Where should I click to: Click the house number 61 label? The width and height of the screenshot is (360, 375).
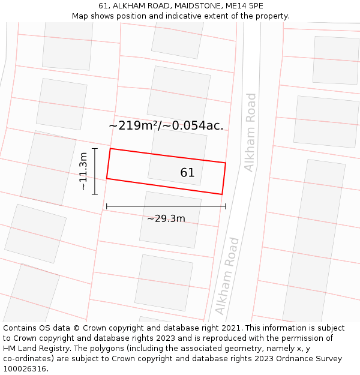tap(187, 173)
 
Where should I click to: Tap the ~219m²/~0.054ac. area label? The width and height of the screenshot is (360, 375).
tap(166, 125)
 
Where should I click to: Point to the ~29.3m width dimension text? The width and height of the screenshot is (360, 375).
tap(166, 218)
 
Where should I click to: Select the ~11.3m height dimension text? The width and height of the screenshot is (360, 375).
tap(83, 172)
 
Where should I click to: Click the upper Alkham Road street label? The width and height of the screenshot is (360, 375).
tap(250, 133)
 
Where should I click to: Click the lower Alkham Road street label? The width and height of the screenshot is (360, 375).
tap(227, 277)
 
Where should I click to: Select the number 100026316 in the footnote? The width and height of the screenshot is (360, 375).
tap(23, 369)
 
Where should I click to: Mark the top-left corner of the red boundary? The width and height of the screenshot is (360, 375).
tap(110, 149)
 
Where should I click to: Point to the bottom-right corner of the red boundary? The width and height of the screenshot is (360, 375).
tap(222, 194)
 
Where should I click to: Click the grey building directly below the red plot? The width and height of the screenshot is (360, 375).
tap(170, 219)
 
